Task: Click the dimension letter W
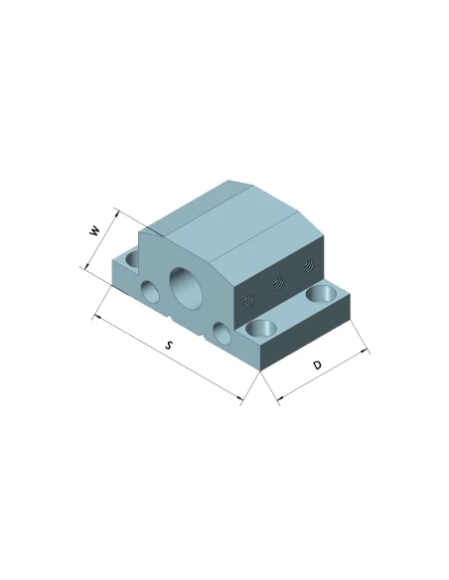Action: tap(95, 230)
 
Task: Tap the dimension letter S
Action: tap(169, 346)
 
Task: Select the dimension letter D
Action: tap(317, 365)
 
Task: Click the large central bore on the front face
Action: tap(187, 287)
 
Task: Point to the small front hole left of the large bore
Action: tap(151, 291)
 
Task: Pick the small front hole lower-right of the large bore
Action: tap(223, 334)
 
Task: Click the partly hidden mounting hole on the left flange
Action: tap(132, 258)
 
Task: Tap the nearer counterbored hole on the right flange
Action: tap(260, 329)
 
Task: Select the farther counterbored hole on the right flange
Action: tap(322, 293)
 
